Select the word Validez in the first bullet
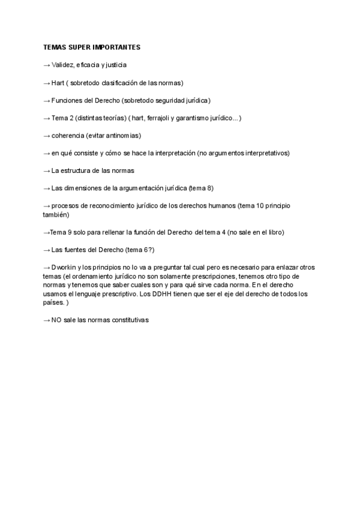[63, 65]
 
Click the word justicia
[114, 65]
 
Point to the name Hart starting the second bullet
[58, 82]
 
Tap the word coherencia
[67, 136]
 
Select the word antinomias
[123, 136]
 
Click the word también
[56, 214]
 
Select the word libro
[274, 232]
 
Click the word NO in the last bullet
[56, 320]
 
